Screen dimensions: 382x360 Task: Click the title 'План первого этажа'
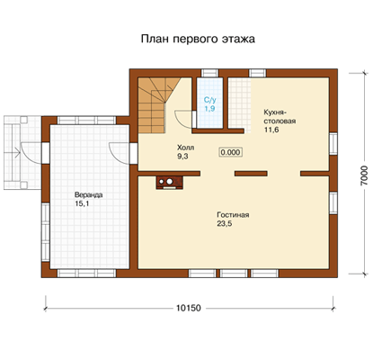point(198,40)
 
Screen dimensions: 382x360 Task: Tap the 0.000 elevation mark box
point(230,152)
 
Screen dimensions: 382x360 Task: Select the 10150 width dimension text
point(189,308)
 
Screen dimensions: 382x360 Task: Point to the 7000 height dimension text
point(365,175)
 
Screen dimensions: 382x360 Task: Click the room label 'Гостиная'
point(233,215)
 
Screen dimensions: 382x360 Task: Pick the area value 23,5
point(225,224)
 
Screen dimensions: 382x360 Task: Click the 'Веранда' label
point(89,195)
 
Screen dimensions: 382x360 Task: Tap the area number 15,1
point(82,203)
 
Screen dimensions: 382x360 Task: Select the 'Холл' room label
point(185,148)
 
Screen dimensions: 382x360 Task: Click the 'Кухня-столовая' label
point(280,117)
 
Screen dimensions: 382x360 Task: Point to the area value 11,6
point(271,130)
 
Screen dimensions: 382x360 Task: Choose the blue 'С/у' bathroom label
point(209,100)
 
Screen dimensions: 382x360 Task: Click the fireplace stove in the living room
point(169,183)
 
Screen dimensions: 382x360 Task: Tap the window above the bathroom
point(209,73)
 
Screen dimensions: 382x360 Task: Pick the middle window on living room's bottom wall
point(234,274)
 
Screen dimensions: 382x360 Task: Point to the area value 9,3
point(182,157)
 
